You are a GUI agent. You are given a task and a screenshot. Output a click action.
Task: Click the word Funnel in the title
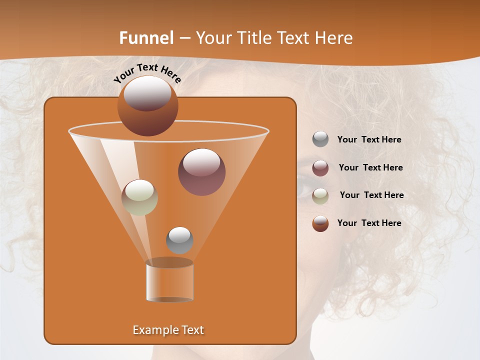coord(146,38)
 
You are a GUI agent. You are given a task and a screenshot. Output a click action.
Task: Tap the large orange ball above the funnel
coord(147,106)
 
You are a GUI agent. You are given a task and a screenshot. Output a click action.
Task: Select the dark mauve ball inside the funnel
coord(201,171)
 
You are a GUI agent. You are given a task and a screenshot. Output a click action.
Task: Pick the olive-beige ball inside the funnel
coord(139,197)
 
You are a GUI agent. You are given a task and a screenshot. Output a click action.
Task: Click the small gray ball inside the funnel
coord(179,240)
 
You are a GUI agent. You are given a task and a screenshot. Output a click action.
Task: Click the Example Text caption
coord(168,330)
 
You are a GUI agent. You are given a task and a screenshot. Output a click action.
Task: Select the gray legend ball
coord(320,139)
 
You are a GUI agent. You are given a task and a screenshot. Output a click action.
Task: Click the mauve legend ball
coord(320,168)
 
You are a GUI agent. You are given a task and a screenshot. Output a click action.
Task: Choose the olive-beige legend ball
coord(320,196)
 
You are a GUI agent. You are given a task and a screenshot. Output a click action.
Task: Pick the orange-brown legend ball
coord(320,223)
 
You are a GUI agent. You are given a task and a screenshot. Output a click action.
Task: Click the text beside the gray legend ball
coord(369,140)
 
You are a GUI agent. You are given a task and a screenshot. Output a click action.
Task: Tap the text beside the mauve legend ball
coord(370,168)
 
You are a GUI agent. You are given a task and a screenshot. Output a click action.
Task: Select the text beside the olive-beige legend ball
coord(371,195)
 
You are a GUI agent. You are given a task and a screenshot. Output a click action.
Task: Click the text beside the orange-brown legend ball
coord(369,223)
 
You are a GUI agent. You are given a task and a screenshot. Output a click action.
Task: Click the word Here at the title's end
coord(334,38)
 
